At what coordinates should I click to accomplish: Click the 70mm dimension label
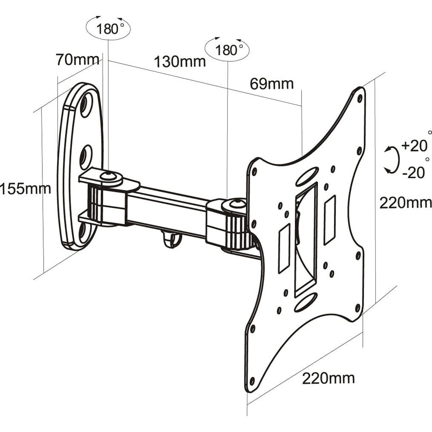pyautogui.click(x=77, y=59)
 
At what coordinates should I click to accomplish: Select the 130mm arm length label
pyautogui.click(x=180, y=61)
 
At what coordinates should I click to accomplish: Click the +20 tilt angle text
pyautogui.click(x=414, y=146)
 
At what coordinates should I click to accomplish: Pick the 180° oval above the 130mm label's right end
pyautogui.click(x=227, y=50)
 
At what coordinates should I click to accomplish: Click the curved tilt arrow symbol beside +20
pyautogui.click(x=391, y=159)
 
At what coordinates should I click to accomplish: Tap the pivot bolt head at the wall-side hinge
pyautogui.click(x=106, y=175)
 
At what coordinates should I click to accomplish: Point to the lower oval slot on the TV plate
pyautogui.click(x=306, y=301)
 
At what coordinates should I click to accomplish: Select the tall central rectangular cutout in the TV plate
pyautogui.click(x=306, y=240)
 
